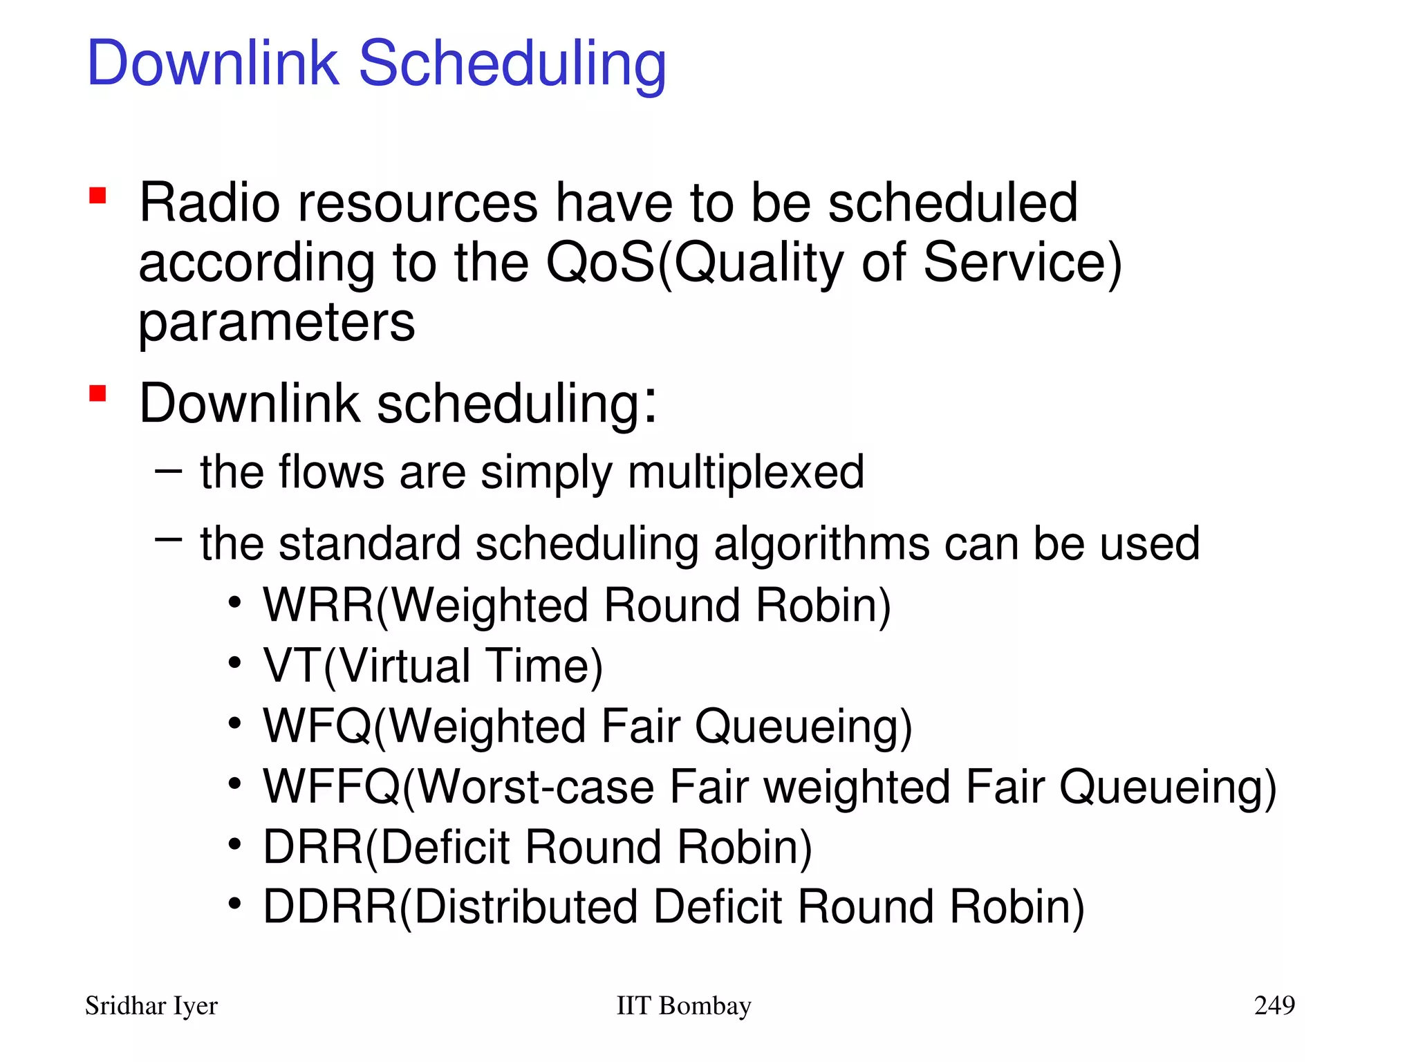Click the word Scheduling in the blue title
tap(512, 64)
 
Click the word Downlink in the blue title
tap(213, 64)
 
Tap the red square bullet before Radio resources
tap(97, 196)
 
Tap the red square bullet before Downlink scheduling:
tap(97, 393)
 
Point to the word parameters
tap(277, 323)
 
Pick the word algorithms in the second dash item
tap(821, 544)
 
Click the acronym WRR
tap(319, 606)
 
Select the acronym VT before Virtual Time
tap(292, 666)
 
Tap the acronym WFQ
tap(317, 726)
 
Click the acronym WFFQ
tap(331, 787)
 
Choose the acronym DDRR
tap(330, 907)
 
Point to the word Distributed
tap(525, 907)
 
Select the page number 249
tap(1274, 1005)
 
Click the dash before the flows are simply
tap(168, 472)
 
